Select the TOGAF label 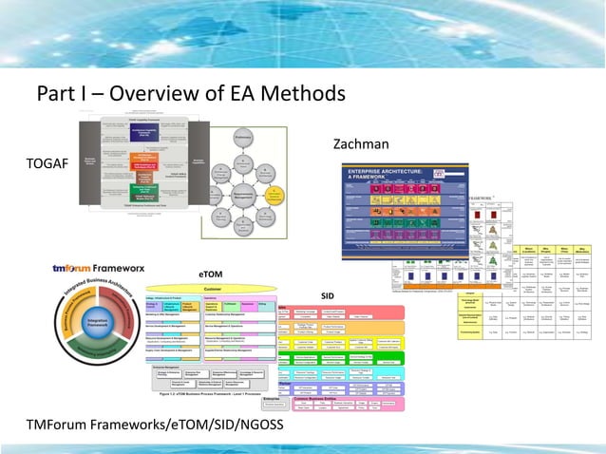48,164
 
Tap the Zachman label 363,144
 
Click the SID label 327,295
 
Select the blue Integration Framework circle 98,325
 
